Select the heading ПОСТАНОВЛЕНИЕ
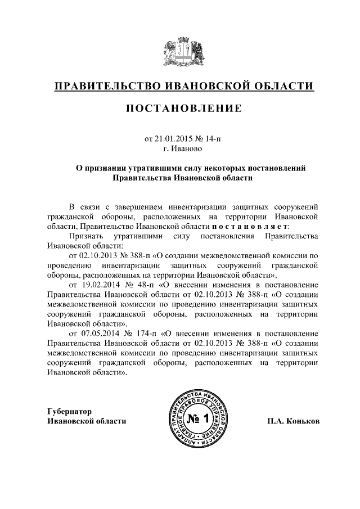pyautogui.click(x=179, y=108)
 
